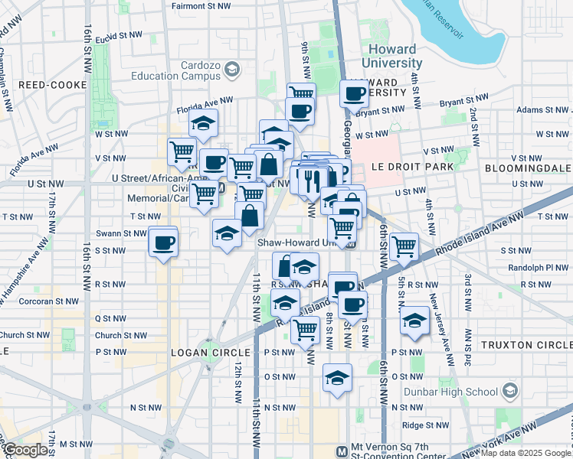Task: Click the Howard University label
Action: (x=388, y=56)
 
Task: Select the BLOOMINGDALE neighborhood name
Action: (x=528, y=166)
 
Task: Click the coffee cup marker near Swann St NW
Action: (x=163, y=243)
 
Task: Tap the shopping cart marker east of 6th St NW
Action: (x=403, y=246)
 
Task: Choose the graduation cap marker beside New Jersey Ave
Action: (x=414, y=319)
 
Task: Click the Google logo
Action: (x=25, y=451)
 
